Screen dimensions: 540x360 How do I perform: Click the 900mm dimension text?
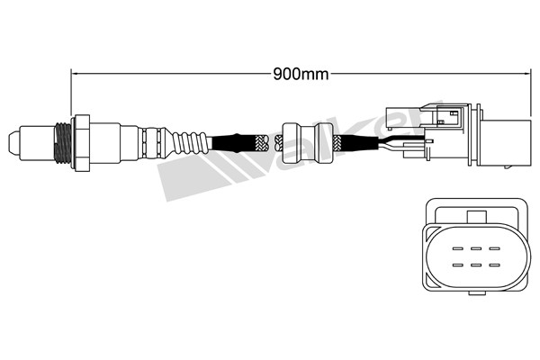tap(301, 74)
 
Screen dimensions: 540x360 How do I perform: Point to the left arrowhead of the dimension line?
tap(74, 74)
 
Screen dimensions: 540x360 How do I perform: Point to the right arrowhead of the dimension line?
tap(527, 74)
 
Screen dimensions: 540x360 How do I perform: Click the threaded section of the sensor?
tap(63, 143)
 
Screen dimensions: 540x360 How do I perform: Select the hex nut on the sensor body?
tap(81, 142)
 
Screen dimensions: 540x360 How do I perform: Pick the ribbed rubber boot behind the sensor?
tap(189, 143)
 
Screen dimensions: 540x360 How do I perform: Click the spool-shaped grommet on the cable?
tap(308, 142)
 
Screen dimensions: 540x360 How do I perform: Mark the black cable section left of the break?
tap(234, 143)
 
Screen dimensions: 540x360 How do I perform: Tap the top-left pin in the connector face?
tap(458, 248)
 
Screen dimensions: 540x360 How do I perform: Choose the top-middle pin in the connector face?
tap(476, 248)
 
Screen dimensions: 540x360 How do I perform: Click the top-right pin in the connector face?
tap(494, 248)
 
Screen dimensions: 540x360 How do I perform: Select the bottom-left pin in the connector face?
tap(458, 265)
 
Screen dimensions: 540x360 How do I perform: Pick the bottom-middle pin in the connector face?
tap(476, 265)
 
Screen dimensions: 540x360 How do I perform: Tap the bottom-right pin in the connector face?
tap(494, 265)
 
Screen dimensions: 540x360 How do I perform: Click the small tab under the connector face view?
tap(477, 293)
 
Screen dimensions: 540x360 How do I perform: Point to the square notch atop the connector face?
tap(477, 217)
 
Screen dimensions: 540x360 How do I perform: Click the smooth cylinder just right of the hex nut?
tap(104, 142)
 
